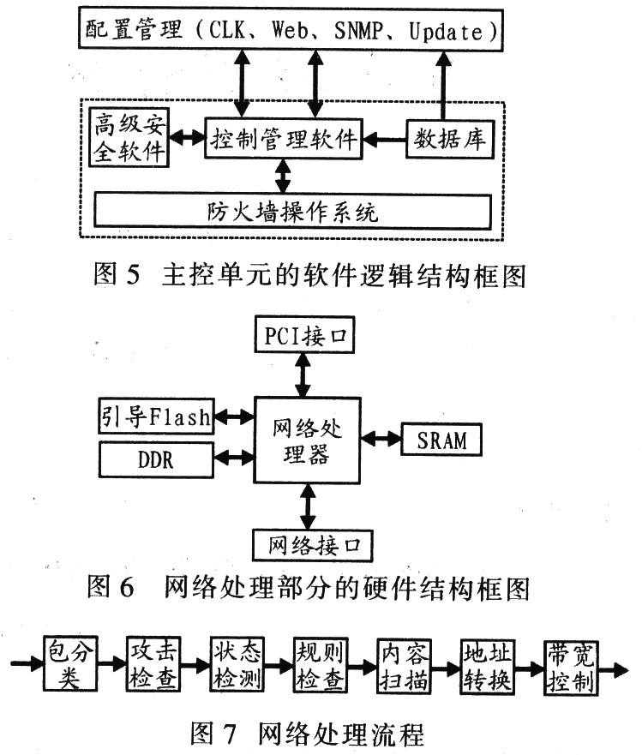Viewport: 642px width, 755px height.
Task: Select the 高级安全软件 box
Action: tap(129, 138)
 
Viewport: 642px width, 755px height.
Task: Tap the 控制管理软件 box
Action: tap(284, 138)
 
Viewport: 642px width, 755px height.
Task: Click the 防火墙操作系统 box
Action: tap(292, 211)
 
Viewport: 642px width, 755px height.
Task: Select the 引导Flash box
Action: tap(153, 417)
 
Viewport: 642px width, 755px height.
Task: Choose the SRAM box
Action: tap(441, 440)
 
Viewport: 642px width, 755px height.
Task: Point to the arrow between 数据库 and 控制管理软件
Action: tap(384, 138)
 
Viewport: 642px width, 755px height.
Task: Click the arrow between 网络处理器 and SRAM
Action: tap(381, 439)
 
